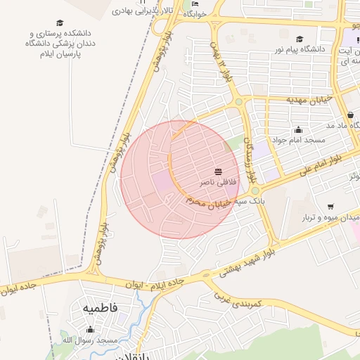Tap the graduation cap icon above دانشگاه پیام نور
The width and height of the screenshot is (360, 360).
(x=300, y=39)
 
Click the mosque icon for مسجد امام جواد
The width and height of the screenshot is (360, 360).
(x=299, y=130)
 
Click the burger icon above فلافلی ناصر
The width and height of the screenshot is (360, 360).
(x=219, y=172)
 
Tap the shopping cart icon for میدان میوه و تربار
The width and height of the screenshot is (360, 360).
(x=330, y=207)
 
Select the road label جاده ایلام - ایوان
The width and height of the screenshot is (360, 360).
(x=154, y=284)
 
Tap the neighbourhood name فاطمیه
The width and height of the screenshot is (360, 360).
(x=101, y=308)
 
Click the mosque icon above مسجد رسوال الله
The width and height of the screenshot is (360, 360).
(x=89, y=330)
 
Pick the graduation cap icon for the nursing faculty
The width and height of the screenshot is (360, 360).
(x=59, y=23)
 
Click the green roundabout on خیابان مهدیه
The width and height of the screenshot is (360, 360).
(x=238, y=102)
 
